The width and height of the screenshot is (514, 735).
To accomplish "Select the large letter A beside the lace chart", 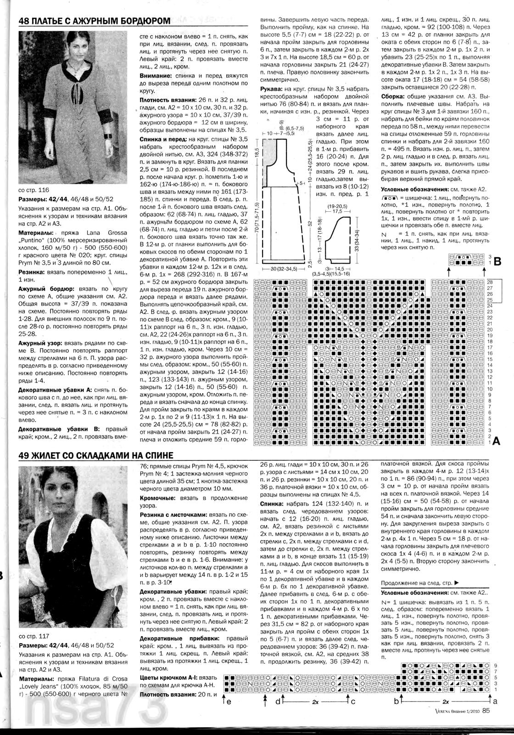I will (x=496, y=441).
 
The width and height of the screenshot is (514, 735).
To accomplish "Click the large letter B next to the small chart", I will (x=497, y=262).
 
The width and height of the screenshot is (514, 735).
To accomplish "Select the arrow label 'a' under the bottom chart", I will (x=494, y=701).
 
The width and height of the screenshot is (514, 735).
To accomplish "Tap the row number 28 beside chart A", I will (x=490, y=282).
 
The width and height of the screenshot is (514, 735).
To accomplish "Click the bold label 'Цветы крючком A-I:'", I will (x=171, y=678).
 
